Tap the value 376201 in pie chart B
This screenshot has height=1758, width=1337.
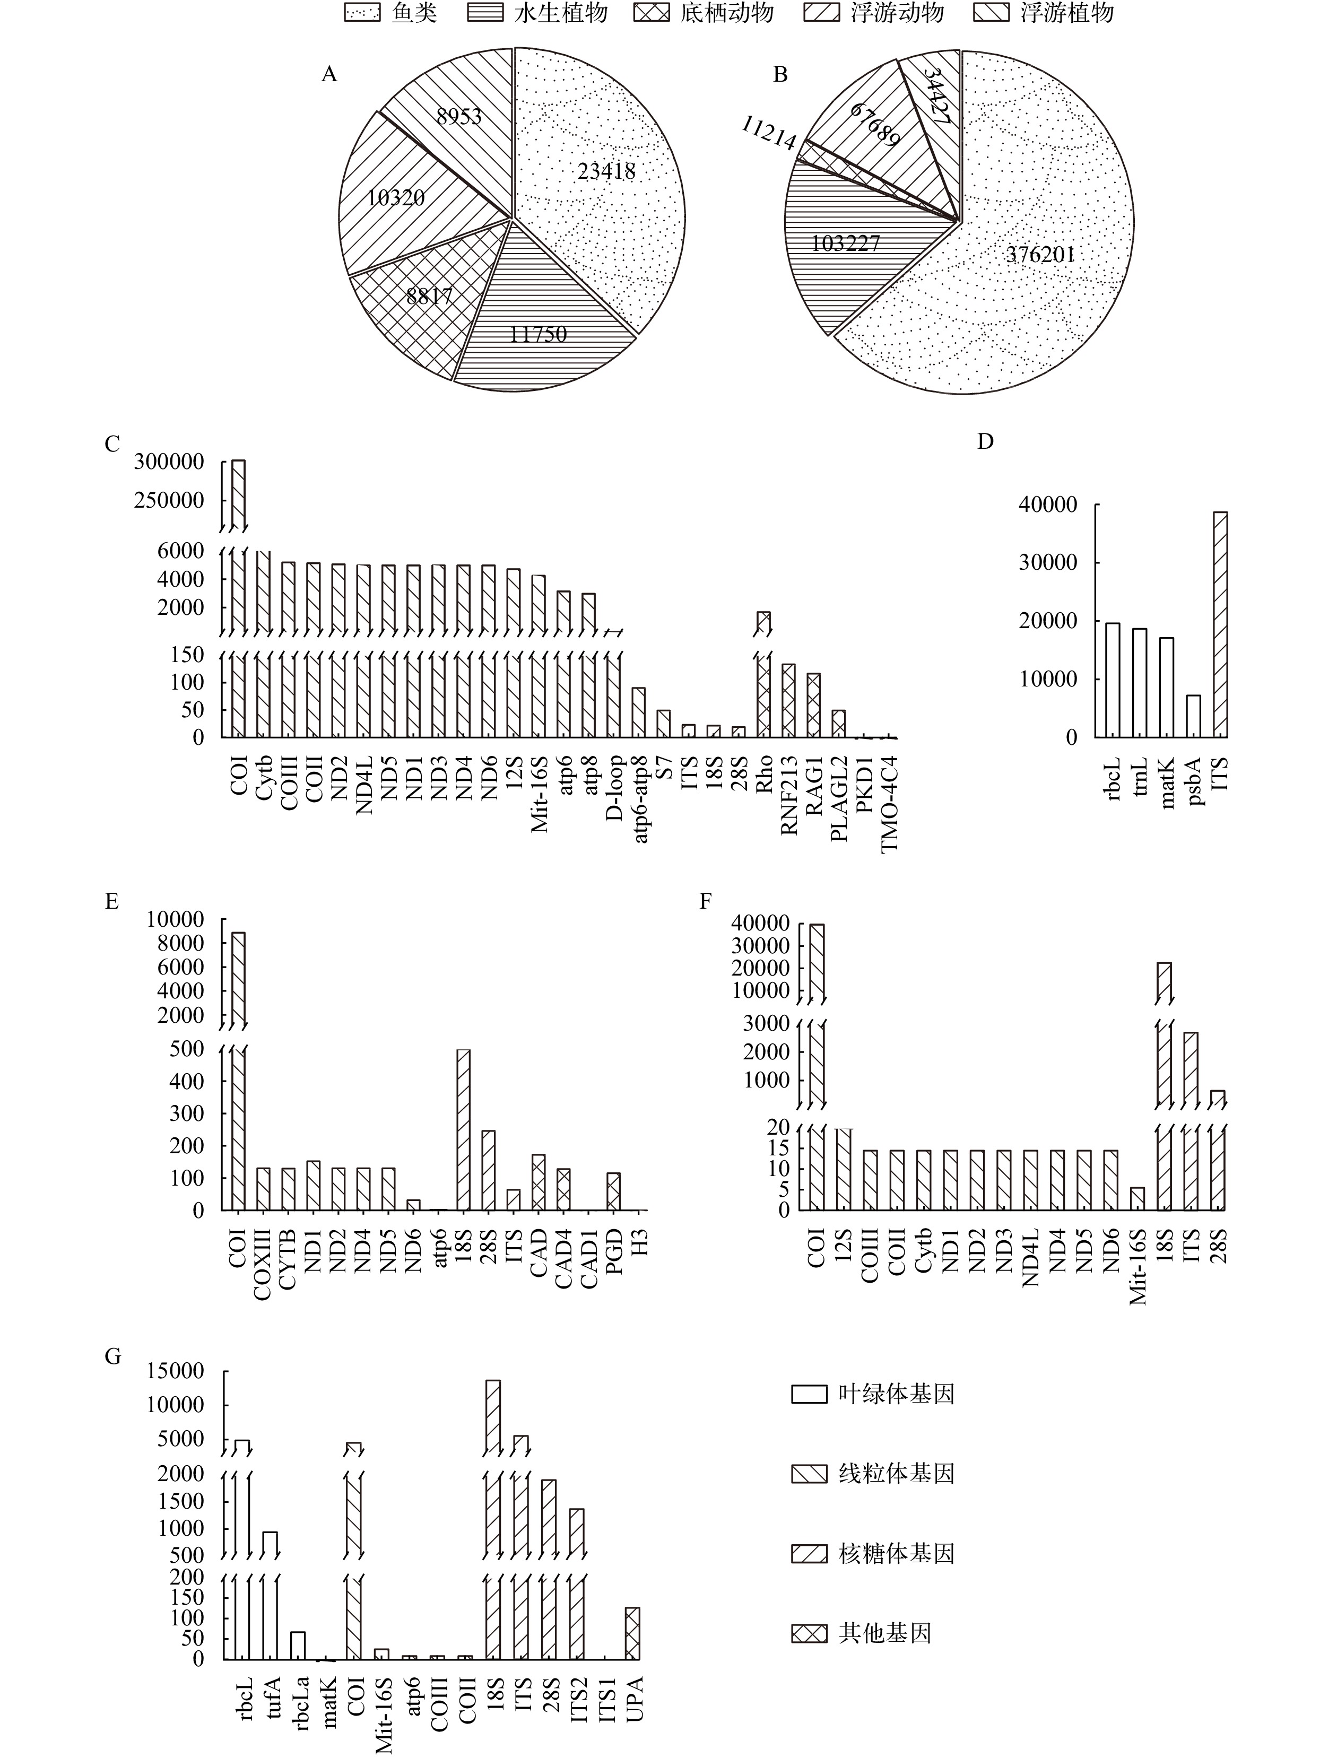tap(1040, 255)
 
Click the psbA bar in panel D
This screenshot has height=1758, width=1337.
tap(1193, 716)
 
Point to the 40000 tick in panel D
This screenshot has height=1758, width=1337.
tap(1047, 504)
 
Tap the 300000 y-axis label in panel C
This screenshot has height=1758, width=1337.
tap(169, 462)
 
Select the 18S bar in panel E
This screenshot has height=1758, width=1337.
tap(463, 1130)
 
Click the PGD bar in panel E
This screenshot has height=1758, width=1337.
tap(613, 1191)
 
